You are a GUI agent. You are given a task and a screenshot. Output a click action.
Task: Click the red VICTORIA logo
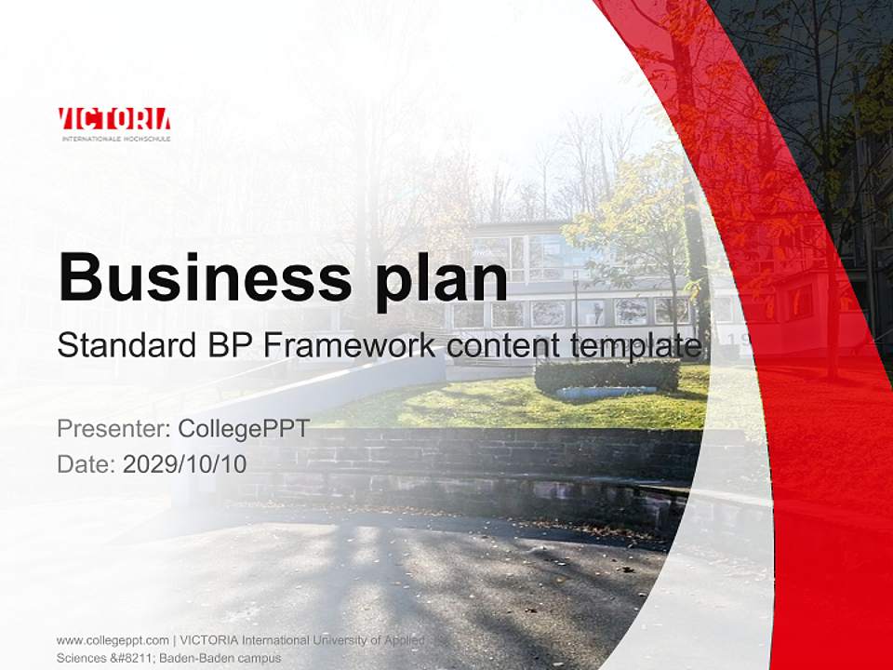pyautogui.click(x=114, y=119)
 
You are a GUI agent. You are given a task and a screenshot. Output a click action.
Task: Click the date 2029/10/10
pyautogui.click(x=185, y=463)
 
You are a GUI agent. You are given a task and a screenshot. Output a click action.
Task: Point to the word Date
pyautogui.click(x=85, y=463)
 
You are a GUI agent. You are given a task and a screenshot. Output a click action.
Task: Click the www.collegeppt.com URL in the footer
pyautogui.click(x=112, y=640)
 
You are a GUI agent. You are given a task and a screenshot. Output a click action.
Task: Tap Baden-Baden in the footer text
pyautogui.click(x=197, y=658)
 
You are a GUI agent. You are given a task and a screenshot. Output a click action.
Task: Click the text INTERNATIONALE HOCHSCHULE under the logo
pyautogui.click(x=115, y=138)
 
